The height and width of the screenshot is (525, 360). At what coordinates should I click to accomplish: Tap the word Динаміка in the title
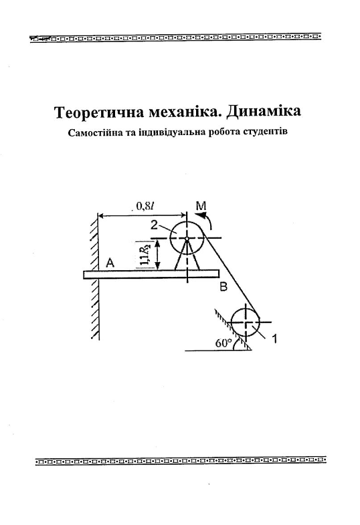[263, 111]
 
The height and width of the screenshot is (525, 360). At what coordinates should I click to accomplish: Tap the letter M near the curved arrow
[201, 206]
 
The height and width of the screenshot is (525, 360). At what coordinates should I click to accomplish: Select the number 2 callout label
[154, 225]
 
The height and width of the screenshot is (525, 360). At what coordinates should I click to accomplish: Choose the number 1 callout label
[274, 339]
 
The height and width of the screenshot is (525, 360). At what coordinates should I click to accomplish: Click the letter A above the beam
[110, 264]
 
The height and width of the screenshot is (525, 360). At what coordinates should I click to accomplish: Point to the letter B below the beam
[223, 287]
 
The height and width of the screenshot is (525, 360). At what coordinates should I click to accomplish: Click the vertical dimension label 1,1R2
[145, 254]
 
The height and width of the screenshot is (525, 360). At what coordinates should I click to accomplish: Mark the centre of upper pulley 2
[187, 237]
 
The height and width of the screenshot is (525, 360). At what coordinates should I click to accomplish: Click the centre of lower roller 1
[246, 322]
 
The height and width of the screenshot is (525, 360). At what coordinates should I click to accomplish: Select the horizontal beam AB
[151, 274]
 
